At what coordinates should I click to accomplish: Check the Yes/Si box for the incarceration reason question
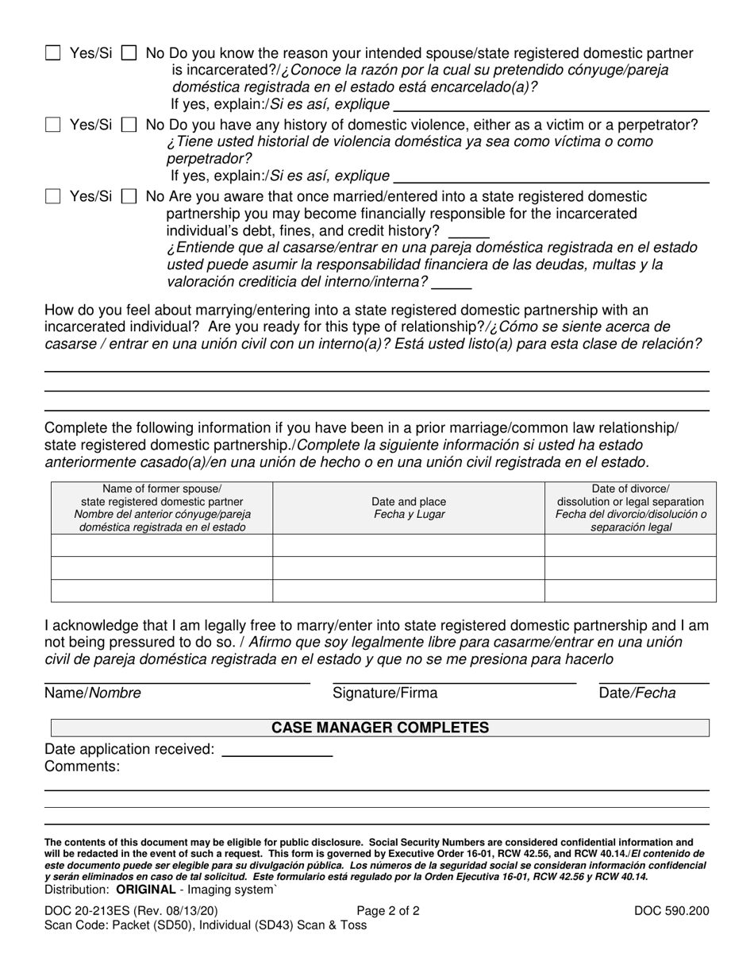coord(53,54)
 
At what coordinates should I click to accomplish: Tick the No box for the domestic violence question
coord(129,125)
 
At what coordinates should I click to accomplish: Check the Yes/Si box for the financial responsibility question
coord(53,196)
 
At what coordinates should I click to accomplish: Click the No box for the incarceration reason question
coord(129,54)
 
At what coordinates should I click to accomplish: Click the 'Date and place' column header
coord(409,508)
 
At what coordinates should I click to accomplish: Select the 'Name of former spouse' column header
coord(163,508)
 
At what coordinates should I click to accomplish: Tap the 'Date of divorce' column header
coord(630,508)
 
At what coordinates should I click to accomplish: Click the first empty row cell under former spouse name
coord(163,545)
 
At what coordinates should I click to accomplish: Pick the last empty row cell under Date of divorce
coord(630,591)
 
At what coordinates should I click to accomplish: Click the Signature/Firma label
coord(385,693)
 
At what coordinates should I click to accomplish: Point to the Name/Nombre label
coord(93,693)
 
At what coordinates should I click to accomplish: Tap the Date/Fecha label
coord(637,693)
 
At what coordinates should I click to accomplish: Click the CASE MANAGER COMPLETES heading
coord(380,728)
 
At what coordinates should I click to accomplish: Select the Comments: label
coord(83,767)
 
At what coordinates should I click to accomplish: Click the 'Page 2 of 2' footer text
coord(388,911)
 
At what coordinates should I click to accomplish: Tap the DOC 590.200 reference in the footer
coord(671,911)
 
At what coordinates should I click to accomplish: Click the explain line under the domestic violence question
coord(551,178)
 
